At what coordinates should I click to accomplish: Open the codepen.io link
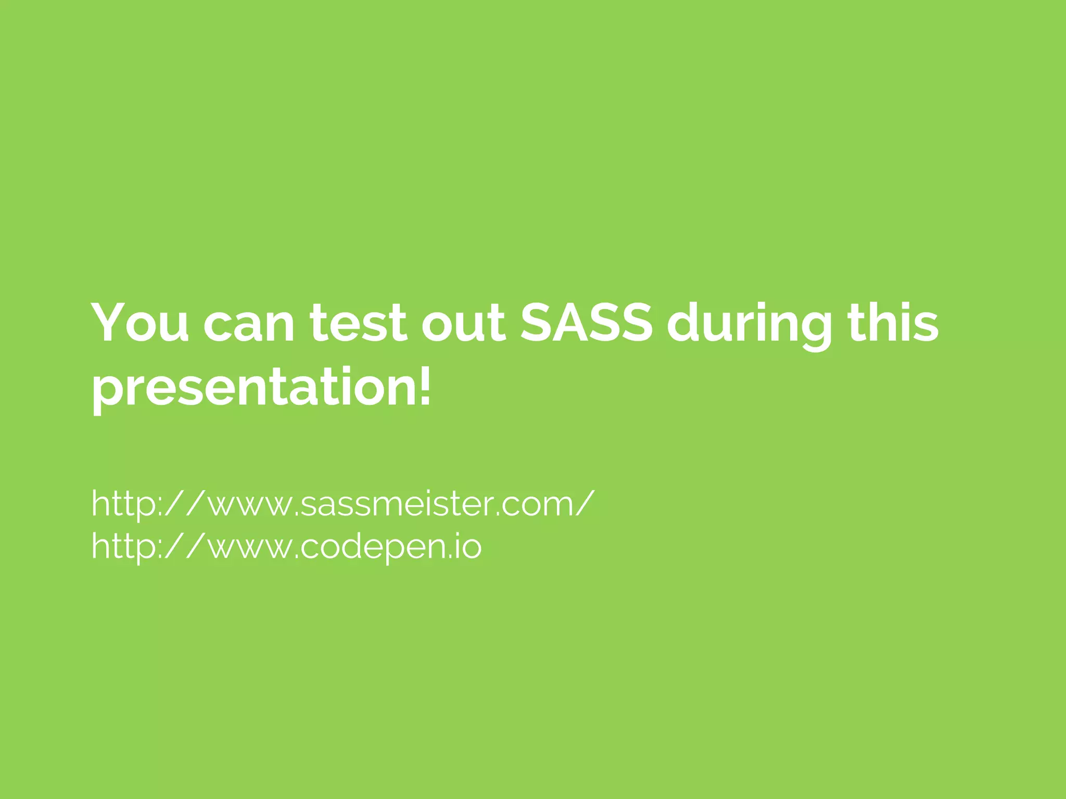click(x=286, y=547)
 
